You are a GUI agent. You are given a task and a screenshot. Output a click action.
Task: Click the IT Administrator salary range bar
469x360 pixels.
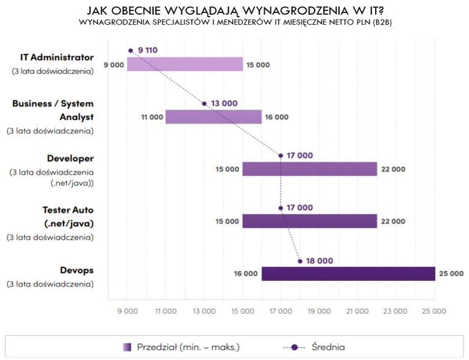tap(185, 64)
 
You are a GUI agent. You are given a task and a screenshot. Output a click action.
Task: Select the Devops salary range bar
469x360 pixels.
tap(348, 274)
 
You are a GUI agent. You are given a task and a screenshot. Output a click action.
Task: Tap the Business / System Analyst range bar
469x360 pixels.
tap(214, 117)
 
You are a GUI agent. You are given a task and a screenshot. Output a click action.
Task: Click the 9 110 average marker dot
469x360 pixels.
tap(131, 51)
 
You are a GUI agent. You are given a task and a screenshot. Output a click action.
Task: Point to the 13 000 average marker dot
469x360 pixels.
tap(204, 103)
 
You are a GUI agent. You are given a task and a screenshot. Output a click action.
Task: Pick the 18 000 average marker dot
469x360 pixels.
tap(300, 261)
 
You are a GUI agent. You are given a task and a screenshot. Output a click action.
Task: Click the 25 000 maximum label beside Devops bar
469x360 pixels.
tap(452, 274)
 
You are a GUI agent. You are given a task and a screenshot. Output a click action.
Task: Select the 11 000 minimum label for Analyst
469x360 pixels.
tap(151, 117)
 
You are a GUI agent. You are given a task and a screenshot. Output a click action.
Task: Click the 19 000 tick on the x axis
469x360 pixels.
tap(319, 311)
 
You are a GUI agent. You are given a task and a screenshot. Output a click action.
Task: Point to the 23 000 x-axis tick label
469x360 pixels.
tap(396, 311)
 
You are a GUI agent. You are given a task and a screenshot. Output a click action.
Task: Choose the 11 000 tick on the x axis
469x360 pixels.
tap(165, 311)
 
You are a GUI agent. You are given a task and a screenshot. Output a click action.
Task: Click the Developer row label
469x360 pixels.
tap(70, 158)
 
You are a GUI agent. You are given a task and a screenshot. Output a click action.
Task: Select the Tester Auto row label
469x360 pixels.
tap(67, 211)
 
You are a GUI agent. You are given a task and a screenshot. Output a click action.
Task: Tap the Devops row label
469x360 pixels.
tap(77, 270)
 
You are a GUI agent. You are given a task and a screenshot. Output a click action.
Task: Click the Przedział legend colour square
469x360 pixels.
tap(127, 347)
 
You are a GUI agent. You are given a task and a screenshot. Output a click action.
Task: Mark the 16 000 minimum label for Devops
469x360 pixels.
tap(246, 274)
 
